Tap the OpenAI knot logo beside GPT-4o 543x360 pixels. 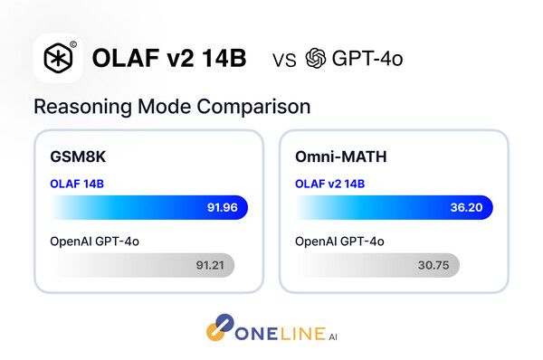pos(316,60)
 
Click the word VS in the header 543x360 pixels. pos(284,61)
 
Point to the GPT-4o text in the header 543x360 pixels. pos(367,60)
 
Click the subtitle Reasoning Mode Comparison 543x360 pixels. pos(172,106)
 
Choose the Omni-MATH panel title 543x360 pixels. pos(340,156)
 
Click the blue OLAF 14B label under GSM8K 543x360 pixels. pos(77,184)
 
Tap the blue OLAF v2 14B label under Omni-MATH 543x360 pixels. pos(330,184)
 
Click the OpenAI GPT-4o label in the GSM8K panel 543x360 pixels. pos(94,241)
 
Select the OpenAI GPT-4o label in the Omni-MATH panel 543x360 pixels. pos(340,241)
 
